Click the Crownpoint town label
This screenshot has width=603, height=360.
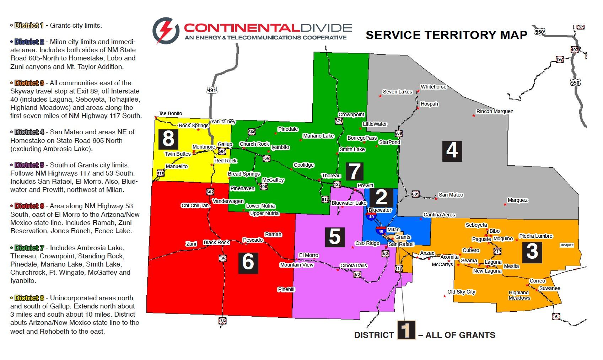[351, 114]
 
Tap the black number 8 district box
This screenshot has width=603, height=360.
[168, 139]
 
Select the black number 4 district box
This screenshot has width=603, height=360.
[452, 151]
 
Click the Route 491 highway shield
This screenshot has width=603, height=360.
[212, 90]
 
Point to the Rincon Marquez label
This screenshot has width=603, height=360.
[494, 111]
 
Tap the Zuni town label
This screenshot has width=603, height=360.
[191, 244]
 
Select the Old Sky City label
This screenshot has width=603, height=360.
[461, 292]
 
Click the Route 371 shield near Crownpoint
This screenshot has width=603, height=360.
[339, 121]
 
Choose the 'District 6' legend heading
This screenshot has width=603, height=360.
[29, 206]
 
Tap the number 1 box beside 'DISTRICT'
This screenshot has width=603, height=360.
[406, 330]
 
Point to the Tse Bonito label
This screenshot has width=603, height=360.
[170, 113]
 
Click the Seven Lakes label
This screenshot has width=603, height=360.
[397, 92]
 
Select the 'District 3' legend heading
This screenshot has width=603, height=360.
[29, 83]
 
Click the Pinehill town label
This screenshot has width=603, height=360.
[286, 289]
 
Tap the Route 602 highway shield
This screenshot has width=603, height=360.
[210, 192]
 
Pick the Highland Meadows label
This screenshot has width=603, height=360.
[519, 295]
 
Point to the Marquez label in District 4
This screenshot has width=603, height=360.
[517, 200]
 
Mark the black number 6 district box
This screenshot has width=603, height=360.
[248, 262]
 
